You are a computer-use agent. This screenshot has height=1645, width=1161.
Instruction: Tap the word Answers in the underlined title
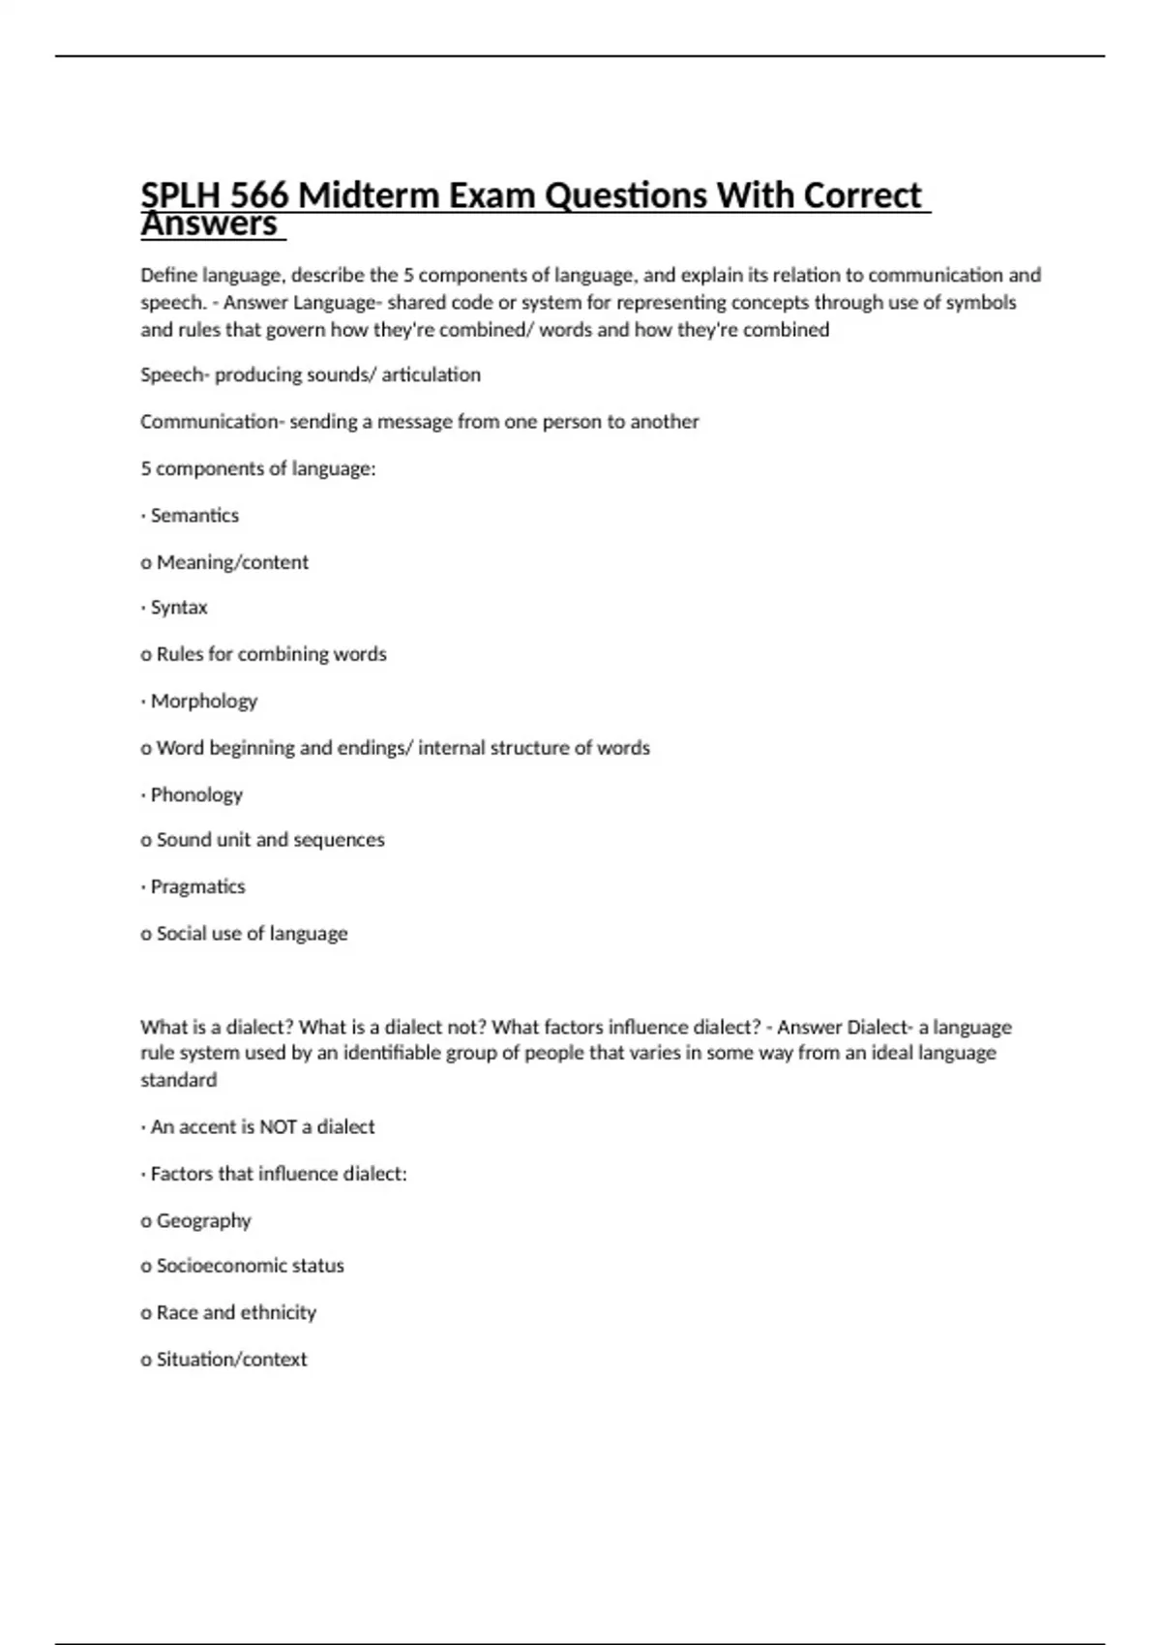pyautogui.click(x=210, y=224)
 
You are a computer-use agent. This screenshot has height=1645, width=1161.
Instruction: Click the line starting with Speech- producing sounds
pyautogui.click(x=311, y=374)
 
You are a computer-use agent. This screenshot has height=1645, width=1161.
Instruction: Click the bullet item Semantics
pyautogui.click(x=194, y=516)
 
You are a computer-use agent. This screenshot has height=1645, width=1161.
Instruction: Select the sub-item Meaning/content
pyautogui.click(x=232, y=562)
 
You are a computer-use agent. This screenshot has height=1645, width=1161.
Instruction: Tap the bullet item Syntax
pyautogui.click(x=179, y=608)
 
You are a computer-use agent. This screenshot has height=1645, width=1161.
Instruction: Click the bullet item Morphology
pyautogui.click(x=204, y=701)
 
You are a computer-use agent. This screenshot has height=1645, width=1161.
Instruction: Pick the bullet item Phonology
pyautogui.click(x=196, y=794)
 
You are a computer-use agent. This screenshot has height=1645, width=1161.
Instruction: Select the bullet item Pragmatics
pyautogui.click(x=197, y=886)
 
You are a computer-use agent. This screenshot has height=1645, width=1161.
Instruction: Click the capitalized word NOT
pyautogui.click(x=278, y=1127)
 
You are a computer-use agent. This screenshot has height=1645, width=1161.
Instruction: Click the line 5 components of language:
pyautogui.click(x=258, y=469)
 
